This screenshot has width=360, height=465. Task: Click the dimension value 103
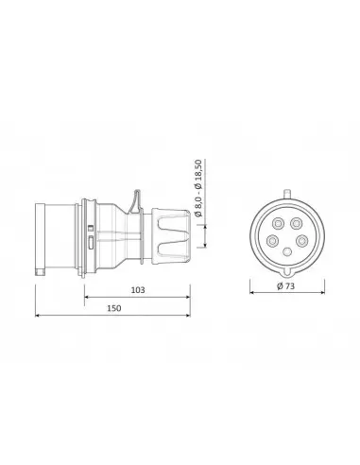point(138,290)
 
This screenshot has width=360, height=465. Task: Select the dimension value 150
point(113,308)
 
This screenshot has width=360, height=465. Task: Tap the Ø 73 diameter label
point(286,286)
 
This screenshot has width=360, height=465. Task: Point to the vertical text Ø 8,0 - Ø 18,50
point(198,188)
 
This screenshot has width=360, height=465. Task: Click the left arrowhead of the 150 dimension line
point(37,315)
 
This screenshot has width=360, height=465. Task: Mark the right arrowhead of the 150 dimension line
point(188,315)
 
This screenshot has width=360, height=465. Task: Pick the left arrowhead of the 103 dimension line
point(86,297)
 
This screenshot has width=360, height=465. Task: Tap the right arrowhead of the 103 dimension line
point(188,297)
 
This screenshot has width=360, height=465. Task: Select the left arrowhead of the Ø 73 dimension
point(251,293)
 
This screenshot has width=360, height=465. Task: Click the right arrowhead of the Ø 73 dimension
point(322,293)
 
